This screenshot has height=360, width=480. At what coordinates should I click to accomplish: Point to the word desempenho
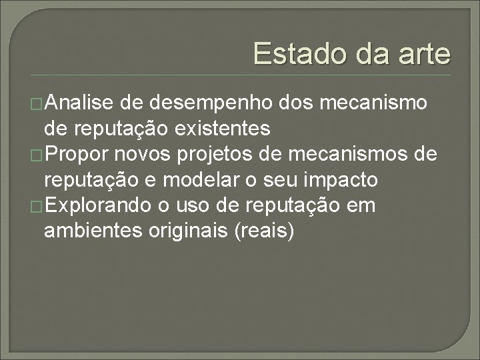tap(208, 103)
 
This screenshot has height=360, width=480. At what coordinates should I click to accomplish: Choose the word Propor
tap(81, 155)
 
